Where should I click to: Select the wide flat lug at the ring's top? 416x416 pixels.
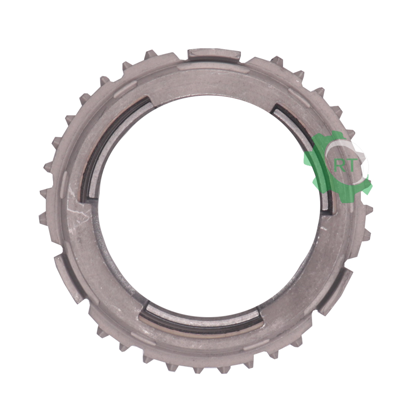pyautogui.click(x=213, y=55)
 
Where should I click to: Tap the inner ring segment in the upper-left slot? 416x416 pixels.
pyautogui.click(x=112, y=149)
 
